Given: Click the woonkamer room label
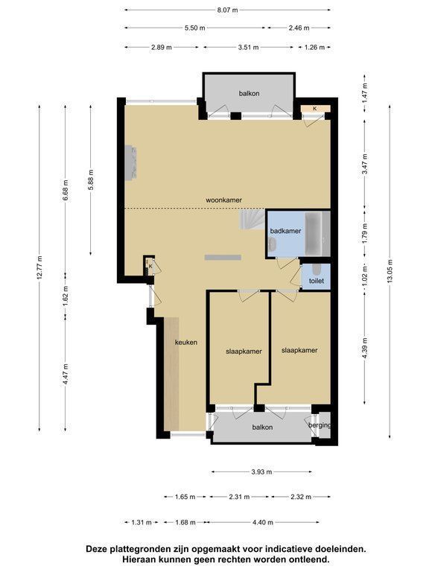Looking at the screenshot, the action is (223, 200).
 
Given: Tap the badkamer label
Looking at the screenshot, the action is (286, 231).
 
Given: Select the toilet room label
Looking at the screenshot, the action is (317, 281).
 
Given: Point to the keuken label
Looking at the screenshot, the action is (186, 342).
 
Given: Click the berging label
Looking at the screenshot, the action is (320, 425).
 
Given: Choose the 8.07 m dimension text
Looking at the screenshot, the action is (227, 10).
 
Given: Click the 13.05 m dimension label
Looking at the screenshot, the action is (390, 271).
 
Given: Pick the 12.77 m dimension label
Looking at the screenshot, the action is (39, 268).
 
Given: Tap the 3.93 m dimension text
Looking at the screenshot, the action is (261, 472).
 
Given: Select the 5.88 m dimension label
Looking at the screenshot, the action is (91, 179).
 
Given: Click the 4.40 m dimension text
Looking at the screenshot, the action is (263, 522).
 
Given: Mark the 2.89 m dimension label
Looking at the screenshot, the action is (161, 48).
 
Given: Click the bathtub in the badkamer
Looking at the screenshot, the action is (314, 233).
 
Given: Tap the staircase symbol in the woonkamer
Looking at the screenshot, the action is (252, 220).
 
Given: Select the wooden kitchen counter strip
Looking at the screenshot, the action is (171, 374).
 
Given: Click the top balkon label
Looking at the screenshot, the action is (250, 93).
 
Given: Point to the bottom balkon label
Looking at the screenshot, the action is (262, 428).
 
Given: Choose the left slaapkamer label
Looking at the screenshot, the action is (244, 352).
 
